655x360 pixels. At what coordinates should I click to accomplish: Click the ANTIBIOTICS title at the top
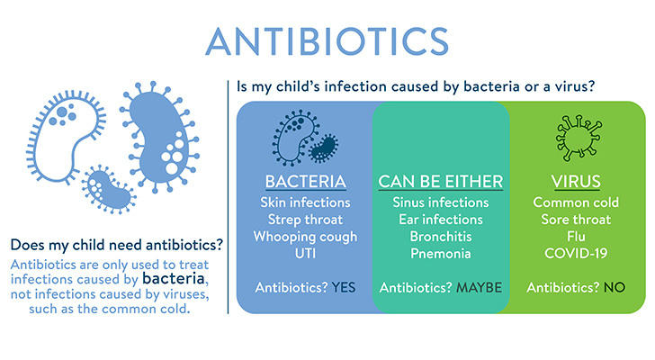point(327,41)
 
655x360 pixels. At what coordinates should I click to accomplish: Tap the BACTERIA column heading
point(305,182)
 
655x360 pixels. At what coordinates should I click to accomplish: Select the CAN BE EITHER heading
point(441,182)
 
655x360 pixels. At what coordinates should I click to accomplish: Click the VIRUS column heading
point(576,182)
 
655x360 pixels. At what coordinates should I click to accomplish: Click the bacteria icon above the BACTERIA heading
point(305,137)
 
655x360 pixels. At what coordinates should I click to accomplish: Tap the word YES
point(344,288)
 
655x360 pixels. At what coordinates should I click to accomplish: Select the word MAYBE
point(480,288)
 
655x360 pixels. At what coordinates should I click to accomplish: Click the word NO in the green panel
point(614,288)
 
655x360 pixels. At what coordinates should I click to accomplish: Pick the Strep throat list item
point(305,220)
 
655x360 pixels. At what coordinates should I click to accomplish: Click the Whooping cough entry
point(305,237)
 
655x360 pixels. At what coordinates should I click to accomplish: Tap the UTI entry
point(305,254)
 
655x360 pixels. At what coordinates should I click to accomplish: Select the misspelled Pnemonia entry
point(441,254)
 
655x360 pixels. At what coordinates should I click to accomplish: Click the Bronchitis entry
point(441,237)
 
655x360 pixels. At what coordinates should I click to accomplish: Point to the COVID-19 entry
point(576,254)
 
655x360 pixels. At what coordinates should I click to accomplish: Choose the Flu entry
point(576,237)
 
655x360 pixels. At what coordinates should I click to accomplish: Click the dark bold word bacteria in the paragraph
point(174,279)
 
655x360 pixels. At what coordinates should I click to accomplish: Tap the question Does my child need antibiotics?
point(117,245)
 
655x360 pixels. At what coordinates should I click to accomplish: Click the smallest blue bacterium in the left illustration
point(108,189)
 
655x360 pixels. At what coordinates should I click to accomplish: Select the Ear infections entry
point(441,220)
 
